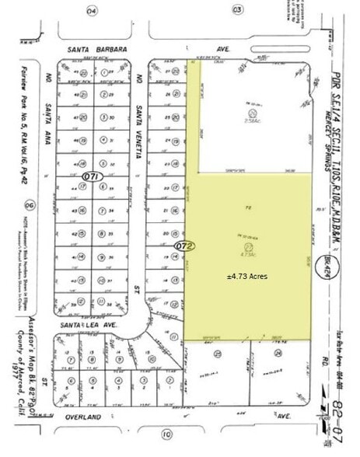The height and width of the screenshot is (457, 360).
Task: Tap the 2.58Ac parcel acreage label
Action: point(251,121)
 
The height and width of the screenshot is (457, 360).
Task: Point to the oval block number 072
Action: point(183,246)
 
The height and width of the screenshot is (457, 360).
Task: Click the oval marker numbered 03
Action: point(236,10)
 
